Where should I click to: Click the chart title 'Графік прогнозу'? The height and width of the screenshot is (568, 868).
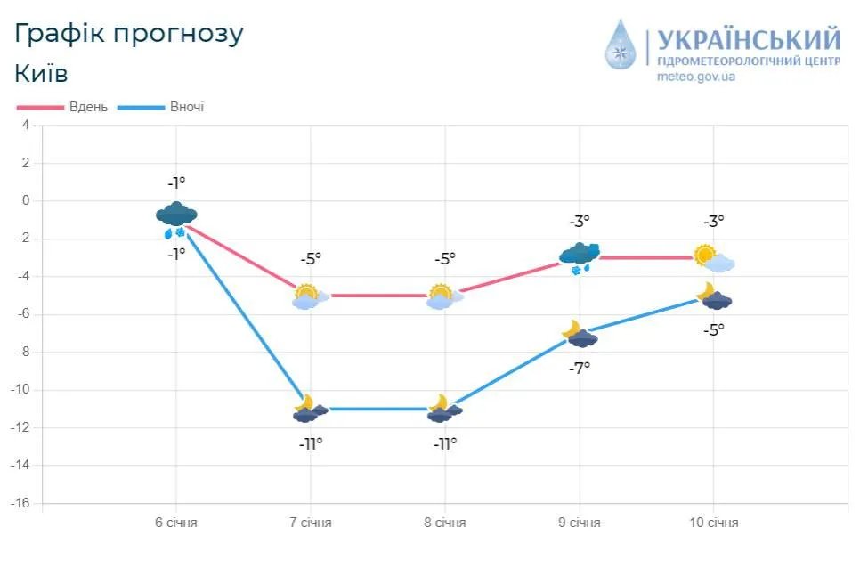point(129,33)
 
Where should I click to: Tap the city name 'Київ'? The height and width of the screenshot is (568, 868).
point(41,72)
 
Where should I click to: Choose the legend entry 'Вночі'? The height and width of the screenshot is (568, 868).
point(186,107)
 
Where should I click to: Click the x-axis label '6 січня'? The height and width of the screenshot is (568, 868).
point(176,523)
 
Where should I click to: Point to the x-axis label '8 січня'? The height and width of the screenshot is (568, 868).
point(445,523)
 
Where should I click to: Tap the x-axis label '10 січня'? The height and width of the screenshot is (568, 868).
point(714,523)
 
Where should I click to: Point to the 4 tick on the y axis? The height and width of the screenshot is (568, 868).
point(26,126)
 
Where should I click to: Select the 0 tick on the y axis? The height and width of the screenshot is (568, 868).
point(26,201)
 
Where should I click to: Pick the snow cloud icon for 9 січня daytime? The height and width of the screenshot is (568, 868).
point(580,257)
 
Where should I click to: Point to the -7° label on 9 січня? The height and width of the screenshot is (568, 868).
point(580,367)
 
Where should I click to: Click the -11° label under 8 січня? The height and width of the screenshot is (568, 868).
point(445,442)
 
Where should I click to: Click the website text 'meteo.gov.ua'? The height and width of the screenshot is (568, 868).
point(696,77)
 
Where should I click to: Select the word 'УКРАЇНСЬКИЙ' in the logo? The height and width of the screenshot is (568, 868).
point(748,40)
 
